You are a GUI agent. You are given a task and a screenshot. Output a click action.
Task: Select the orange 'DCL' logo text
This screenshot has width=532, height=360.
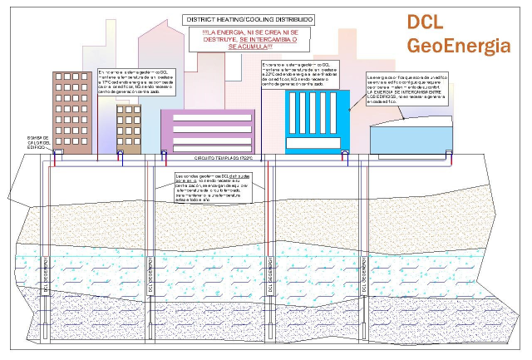(429, 23)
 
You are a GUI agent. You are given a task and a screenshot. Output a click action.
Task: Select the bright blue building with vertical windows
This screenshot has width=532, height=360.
(317, 121)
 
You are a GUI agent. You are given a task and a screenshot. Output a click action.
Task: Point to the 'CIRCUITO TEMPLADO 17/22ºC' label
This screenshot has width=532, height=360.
(218, 157)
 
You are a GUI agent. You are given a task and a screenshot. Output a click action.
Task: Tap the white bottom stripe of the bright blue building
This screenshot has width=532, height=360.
(317, 148)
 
